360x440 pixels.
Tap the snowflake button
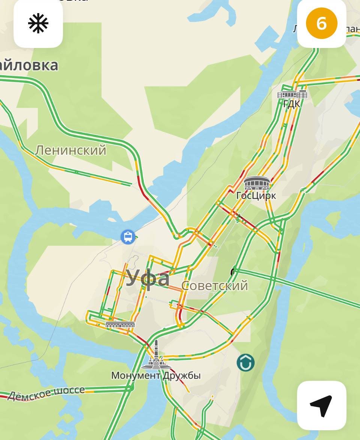tap(38, 24)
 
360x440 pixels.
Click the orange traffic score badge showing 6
tap(321, 23)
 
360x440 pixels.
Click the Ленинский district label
tap(70, 150)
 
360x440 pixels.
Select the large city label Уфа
tap(147, 278)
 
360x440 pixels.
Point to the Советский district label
tap(214, 286)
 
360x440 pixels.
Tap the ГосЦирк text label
tap(256, 196)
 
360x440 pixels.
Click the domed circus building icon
tap(257, 183)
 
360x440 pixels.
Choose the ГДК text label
tap(292, 104)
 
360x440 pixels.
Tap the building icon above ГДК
tap(292, 94)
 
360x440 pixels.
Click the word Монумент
tap(136, 375)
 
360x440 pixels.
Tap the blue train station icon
tap(128, 236)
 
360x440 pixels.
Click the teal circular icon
tap(246, 362)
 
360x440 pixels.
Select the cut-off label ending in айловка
tap(29, 65)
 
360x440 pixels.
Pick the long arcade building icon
tap(120, 325)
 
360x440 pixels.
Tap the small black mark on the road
tap(233, 271)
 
